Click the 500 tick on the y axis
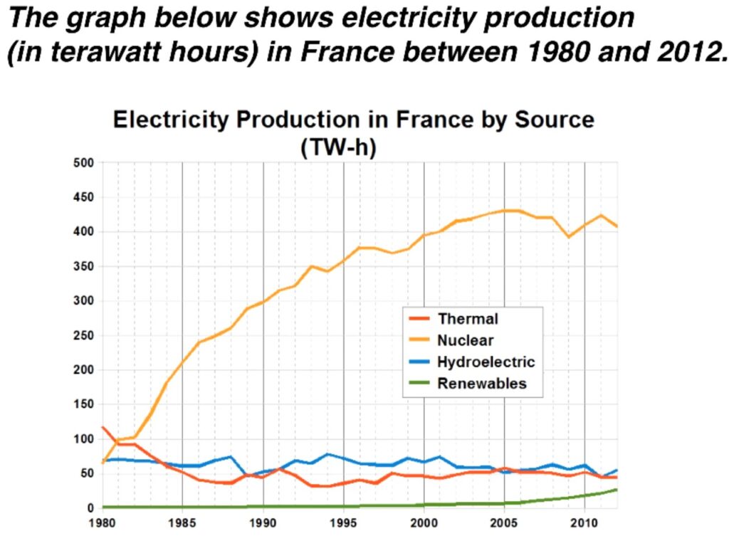84,163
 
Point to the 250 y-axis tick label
84,335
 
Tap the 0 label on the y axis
90,508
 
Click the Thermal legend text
468,319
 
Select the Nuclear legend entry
466,340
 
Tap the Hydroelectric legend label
486,362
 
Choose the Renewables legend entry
482,384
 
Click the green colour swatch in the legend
419,384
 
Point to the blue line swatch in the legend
419,362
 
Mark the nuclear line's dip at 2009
569,237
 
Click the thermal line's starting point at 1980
103,427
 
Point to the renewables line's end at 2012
617,490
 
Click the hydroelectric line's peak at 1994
327,454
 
